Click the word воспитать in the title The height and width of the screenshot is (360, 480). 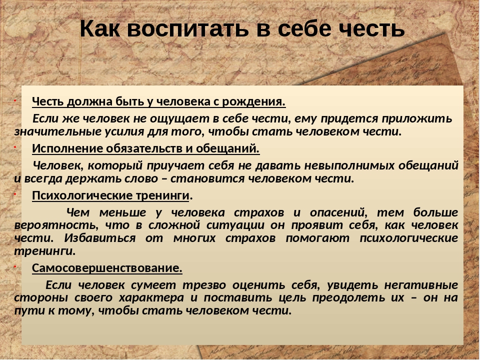tap(187, 29)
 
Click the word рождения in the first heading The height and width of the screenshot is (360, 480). tap(254, 102)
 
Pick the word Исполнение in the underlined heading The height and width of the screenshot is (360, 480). tap(67, 148)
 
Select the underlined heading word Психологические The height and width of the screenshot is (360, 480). tap(82, 195)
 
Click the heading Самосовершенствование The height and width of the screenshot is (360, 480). tap(107, 268)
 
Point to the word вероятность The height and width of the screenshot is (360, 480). tap(56, 225)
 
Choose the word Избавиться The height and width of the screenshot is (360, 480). tap(100, 238)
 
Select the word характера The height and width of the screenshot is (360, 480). tap(151, 297)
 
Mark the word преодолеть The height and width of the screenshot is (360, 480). tap(348, 297)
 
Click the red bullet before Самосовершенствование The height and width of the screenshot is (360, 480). tap(14, 266)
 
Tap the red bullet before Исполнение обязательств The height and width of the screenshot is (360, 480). tap(14, 147)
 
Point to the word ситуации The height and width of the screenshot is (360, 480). tap(235, 225)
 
